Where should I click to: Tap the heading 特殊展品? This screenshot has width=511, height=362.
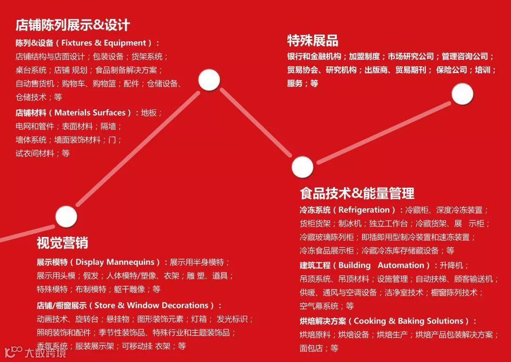[313, 40]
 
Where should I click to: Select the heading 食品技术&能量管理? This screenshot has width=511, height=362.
[357, 193]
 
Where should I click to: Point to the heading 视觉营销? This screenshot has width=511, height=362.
[62, 243]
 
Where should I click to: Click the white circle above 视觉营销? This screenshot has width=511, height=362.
[66, 217]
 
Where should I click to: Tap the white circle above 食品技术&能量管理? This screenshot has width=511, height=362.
[302, 167]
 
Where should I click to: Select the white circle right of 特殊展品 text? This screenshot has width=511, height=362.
[462, 94]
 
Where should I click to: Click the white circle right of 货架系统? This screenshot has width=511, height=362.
[209, 80]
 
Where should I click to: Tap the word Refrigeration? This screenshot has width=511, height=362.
[364, 210]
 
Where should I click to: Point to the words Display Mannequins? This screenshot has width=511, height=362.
[115, 262]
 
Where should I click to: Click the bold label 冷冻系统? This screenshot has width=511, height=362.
[315, 210]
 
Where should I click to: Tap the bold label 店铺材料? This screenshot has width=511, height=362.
[31, 113]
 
